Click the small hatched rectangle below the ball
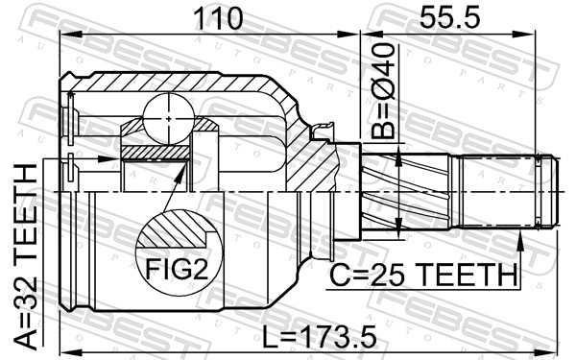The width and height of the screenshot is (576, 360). [x=156, y=152]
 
